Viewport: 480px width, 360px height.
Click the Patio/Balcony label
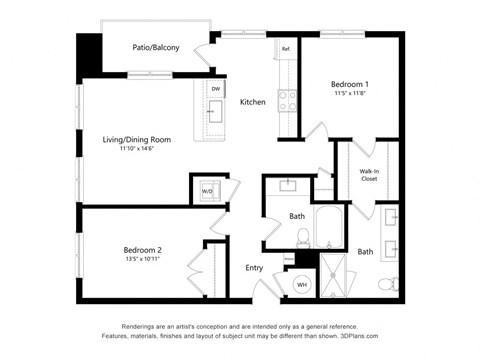coord(155,47)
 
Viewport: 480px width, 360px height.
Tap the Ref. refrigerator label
coord(285,49)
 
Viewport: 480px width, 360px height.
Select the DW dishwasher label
coord(216,89)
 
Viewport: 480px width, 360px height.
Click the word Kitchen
coord(252,102)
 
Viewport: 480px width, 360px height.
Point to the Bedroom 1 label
coord(350,85)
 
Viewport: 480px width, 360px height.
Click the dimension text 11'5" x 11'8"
coord(350,94)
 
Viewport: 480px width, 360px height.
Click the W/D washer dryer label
coord(208,189)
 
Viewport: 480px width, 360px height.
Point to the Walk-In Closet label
coord(369,176)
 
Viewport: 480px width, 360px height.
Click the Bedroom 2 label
coord(142,249)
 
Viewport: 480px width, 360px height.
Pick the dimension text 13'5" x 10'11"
coord(142,258)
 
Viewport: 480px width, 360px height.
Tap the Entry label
coord(254,268)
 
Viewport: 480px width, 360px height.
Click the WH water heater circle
coord(301,285)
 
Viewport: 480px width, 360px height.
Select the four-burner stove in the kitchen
coord(287,99)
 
